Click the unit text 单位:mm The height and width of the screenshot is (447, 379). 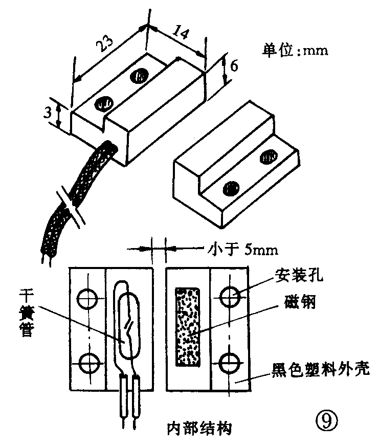[294, 51]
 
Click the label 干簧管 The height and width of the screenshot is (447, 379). [27, 311]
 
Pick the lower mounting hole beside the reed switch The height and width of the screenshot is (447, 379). [86, 364]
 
